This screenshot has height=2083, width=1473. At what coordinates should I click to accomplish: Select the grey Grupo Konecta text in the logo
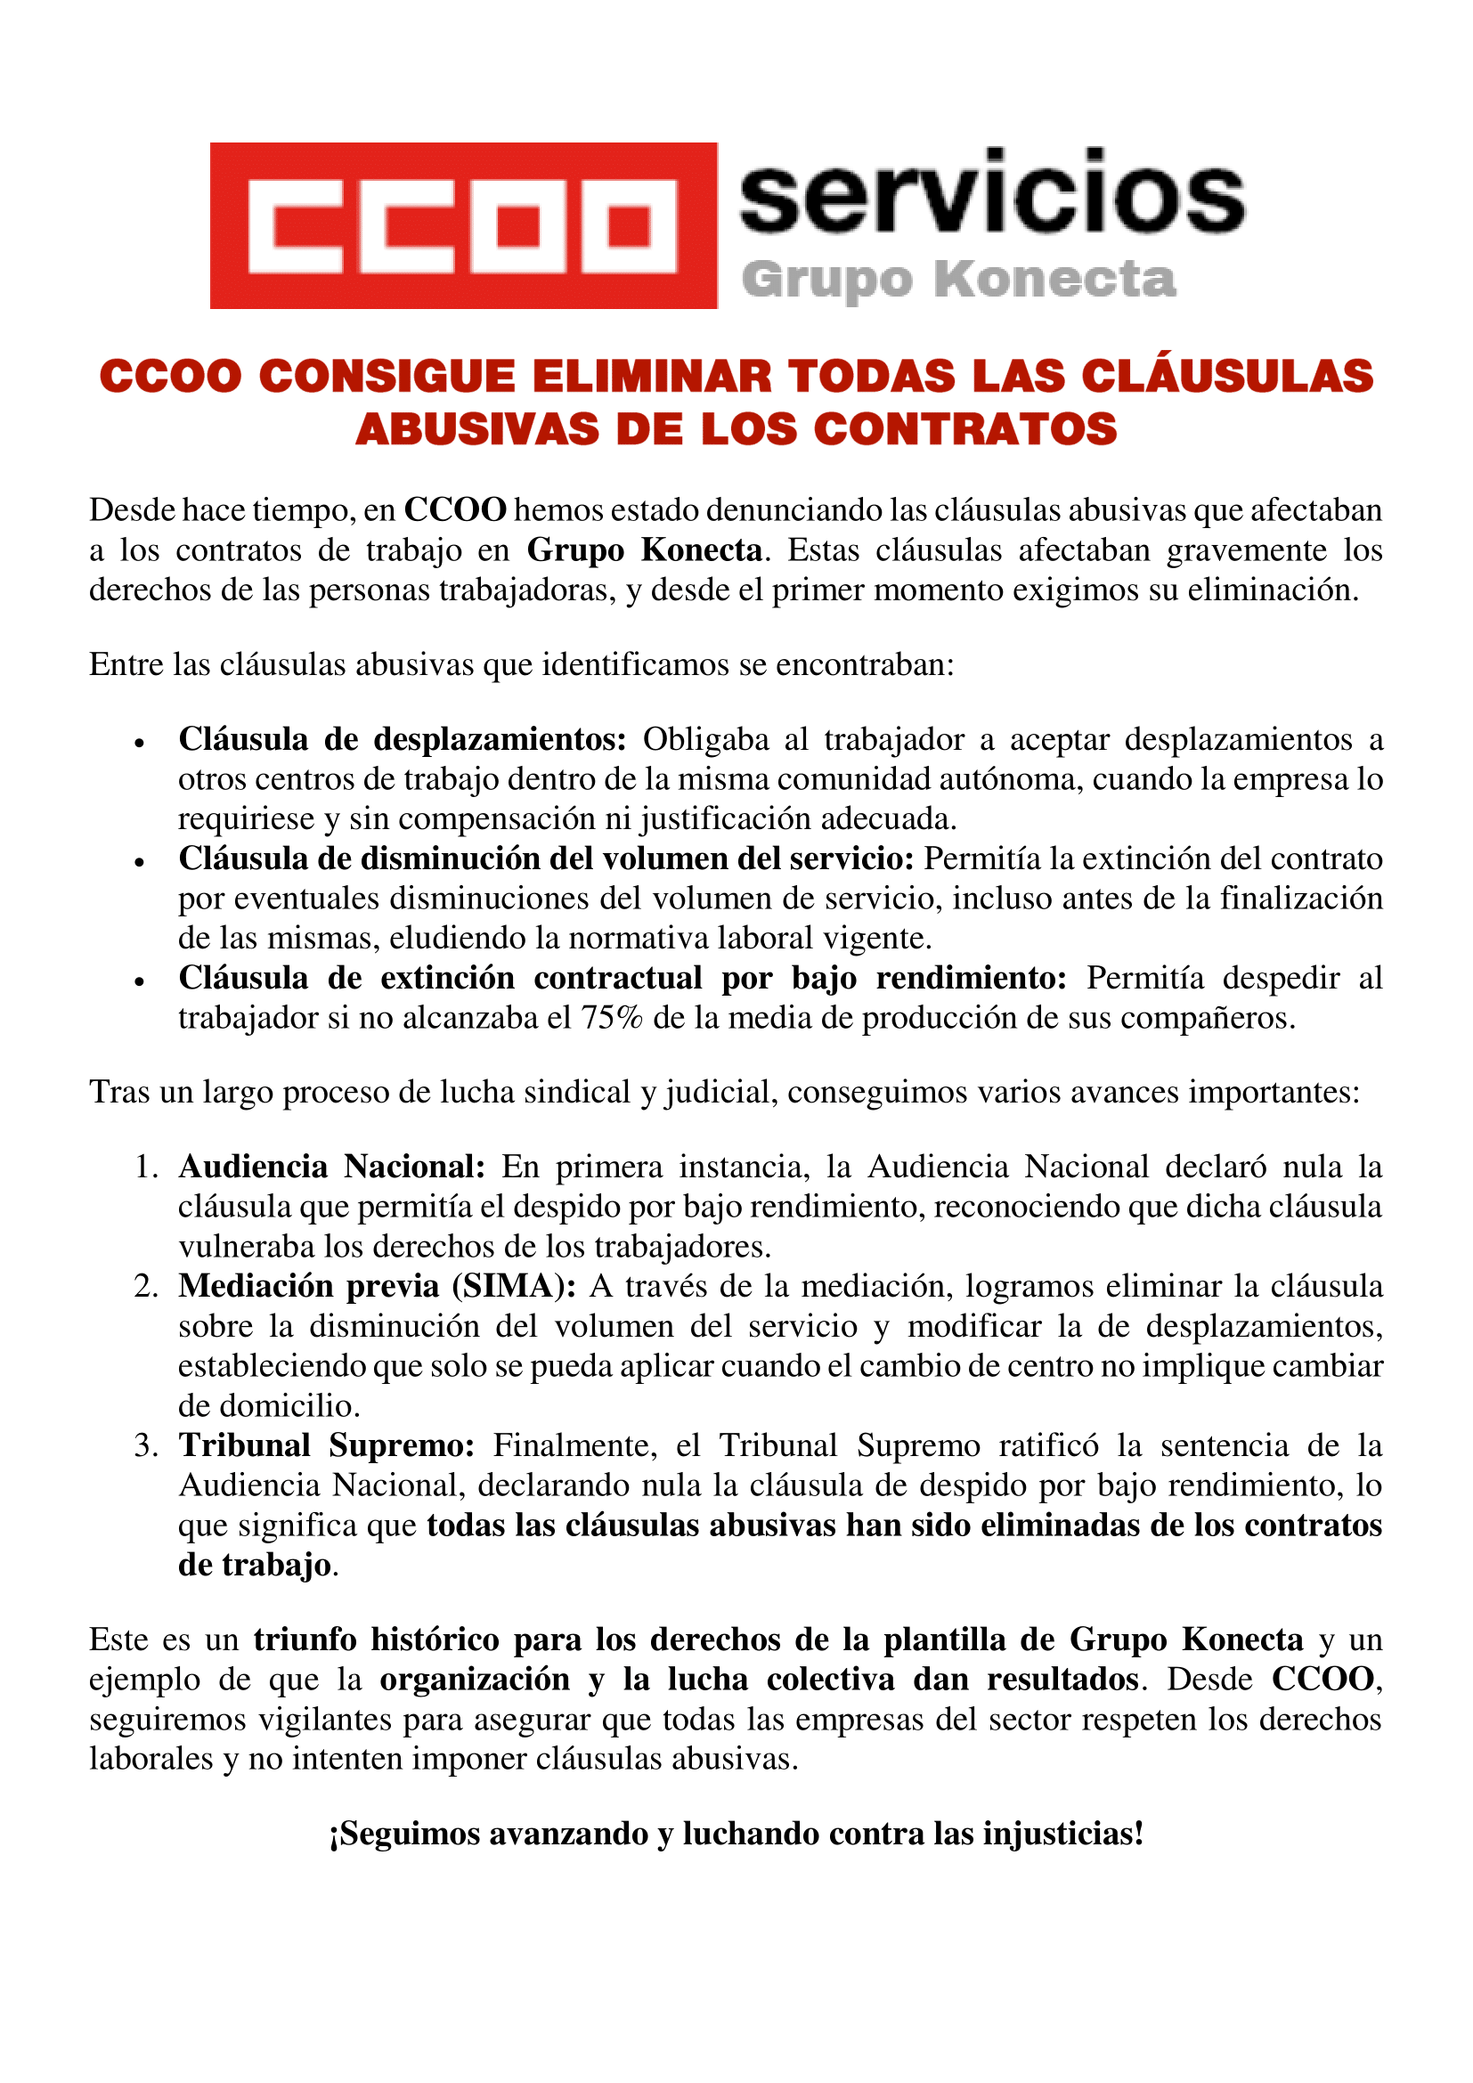tap(959, 279)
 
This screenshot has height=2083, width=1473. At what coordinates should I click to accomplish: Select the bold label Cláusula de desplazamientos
tap(402, 739)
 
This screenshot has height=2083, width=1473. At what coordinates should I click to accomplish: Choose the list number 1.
tap(146, 1167)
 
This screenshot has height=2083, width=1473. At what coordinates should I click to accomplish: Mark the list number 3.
tap(146, 1446)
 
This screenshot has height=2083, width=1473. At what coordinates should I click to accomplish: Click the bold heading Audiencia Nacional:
tap(332, 1167)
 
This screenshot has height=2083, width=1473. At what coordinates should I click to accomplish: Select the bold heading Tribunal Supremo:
tap(327, 1446)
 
